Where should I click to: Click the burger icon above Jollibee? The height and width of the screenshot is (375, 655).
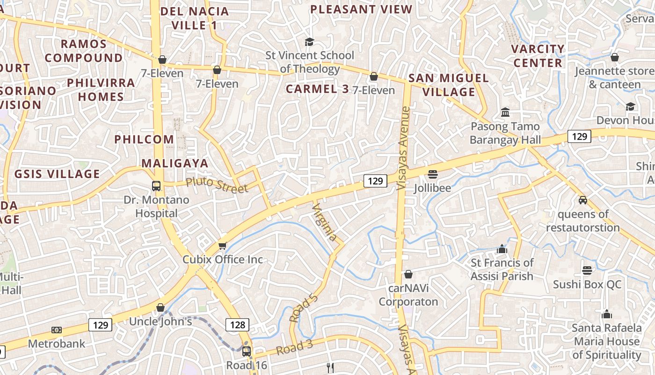[x=433, y=174]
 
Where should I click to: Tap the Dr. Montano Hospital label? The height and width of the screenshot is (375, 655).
[x=156, y=206]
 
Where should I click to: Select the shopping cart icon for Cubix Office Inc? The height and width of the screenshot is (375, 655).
[x=223, y=246]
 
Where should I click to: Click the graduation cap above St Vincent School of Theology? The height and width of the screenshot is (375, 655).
[x=309, y=42]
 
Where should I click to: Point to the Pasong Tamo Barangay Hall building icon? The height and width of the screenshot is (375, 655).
[x=505, y=112]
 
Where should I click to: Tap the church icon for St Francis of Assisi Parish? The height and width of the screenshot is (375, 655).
[x=502, y=249]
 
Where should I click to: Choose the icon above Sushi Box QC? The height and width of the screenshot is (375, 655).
[x=587, y=270]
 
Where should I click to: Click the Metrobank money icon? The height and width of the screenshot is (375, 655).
[x=57, y=330]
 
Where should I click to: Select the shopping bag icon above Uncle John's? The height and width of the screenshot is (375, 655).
[x=160, y=307]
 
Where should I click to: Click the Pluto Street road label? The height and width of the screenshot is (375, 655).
[x=217, y=185]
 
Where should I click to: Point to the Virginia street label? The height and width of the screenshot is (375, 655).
[x=324, y=222]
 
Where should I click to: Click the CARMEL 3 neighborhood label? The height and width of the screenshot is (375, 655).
[x=317, y=89]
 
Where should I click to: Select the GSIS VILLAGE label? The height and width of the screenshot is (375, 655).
[x=57, y=174]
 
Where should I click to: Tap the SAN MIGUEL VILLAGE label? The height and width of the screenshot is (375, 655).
[x=449, y=85]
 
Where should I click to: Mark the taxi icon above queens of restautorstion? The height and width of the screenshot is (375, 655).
[x=583, y=200]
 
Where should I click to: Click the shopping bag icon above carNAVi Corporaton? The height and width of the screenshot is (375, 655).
[x=408, y=274]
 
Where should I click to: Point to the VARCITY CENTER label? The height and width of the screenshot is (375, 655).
[x=538, y=56]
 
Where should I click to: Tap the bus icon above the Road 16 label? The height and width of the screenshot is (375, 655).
[x=247, y=351]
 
